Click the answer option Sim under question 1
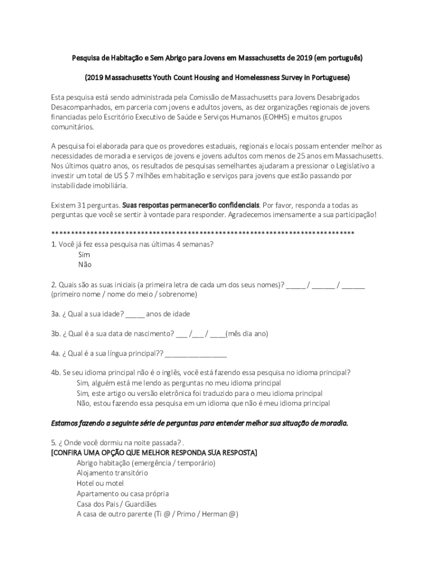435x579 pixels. pyautogui.click(x=84, y=254)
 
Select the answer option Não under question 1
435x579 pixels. pyautogui.click(x=84, y=265)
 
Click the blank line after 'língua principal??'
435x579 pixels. pyautogui.click(x=196, y=354)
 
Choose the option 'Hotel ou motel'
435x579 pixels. pyautogui.click(x=100, y=483)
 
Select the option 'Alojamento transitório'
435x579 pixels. pyautogui.click(x=112, y=473)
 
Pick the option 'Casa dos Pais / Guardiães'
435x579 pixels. pyautogui.click(x=116, y=504)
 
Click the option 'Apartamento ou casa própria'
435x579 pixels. pyautogui.click(x=123, y=494)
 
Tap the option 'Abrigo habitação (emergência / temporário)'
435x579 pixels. pyautogui.click(x=146, y=463)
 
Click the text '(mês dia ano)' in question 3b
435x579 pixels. pyautogui.click(x=247, y=334)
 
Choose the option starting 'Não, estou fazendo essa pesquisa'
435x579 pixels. pyautogui.click(x=203, y=403)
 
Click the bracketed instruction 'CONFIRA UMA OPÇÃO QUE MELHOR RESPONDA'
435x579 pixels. pyautogui.click(x=154, y=453)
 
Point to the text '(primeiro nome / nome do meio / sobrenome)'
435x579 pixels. pyautogui.click(x=124, y=295)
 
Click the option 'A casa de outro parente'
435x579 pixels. pyautogui.click(x=157, y=514)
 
